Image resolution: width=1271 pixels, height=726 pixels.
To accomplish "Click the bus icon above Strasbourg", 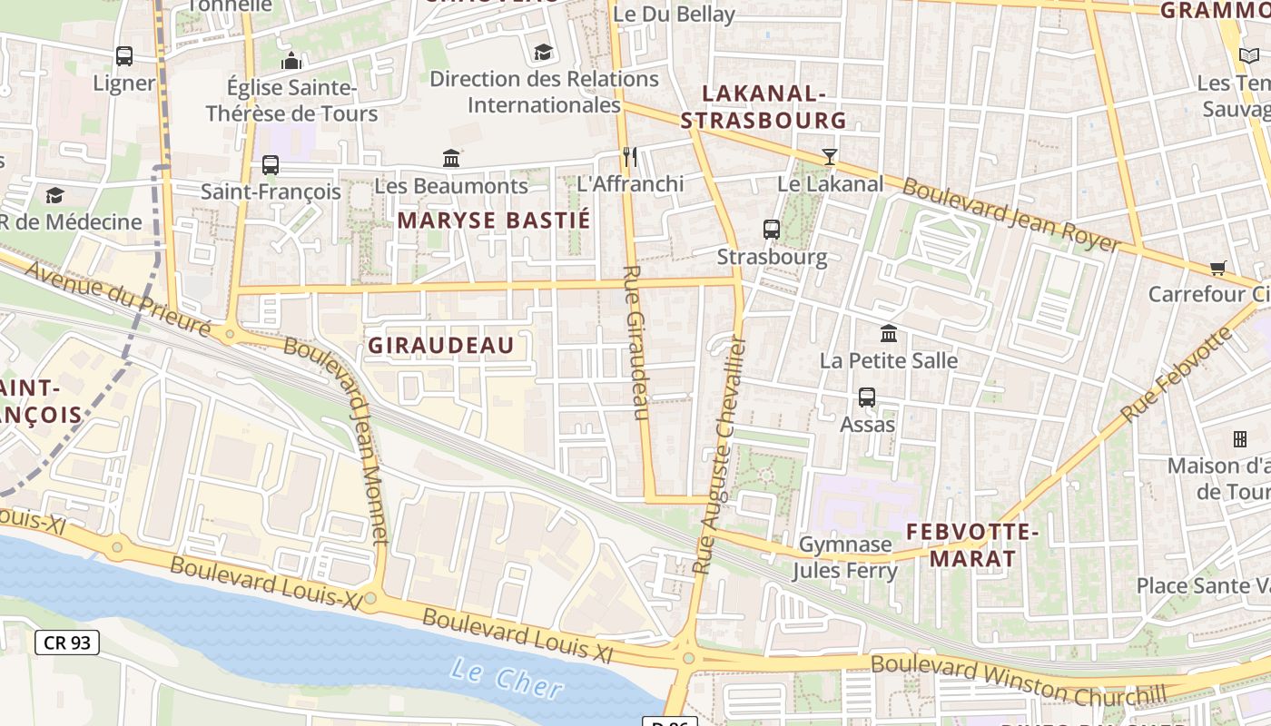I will click(771, 229).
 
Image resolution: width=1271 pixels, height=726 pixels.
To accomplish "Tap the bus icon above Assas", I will click(867, 397).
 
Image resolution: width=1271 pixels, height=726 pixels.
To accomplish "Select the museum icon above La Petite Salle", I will click(889, 333).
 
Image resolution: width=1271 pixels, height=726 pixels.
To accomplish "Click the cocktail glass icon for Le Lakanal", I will click(829, 156).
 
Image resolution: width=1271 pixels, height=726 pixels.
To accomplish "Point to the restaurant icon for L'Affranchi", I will click(630, 157).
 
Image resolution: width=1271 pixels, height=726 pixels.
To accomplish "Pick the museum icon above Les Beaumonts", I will click(451, 158).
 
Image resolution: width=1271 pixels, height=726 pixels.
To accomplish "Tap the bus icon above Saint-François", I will click(271, 164).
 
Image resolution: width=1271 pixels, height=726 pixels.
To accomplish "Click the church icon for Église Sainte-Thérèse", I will click(291, 61).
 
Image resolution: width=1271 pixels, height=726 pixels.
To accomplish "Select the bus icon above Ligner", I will click(124, 55).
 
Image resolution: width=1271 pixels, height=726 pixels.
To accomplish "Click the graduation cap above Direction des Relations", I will click(543, 52).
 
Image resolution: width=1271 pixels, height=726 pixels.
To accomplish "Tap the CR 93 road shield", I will click(67, 643).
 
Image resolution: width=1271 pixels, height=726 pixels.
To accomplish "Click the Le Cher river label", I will click(507, 679).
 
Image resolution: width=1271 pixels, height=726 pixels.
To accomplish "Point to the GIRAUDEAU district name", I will click(440, 345).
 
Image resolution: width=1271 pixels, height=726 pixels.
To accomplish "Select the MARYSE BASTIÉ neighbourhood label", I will click(494, 220).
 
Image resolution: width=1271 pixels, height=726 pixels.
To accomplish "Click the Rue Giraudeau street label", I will click(636, 342).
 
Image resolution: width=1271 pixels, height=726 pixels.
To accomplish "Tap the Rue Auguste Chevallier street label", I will click(719, 454).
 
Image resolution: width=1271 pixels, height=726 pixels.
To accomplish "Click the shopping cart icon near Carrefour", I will click(1217, 268).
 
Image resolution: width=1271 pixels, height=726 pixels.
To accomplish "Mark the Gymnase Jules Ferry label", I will click(844, 557).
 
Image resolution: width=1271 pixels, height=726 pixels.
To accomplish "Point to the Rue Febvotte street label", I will click(1177, 373).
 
